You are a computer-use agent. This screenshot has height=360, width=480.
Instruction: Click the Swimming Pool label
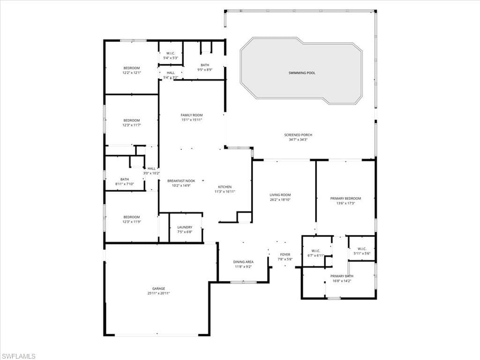point(301,73)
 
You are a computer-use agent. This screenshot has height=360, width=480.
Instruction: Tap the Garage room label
point(158,288)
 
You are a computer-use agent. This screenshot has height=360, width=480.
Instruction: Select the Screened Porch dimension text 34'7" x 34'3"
point(298,140)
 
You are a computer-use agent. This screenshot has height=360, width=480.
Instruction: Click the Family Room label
point(191,115)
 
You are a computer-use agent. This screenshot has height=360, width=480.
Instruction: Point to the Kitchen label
point(225,187)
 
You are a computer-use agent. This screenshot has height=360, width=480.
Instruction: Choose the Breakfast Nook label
point(181,180)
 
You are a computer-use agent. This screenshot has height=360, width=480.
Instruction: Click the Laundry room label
point(185,227)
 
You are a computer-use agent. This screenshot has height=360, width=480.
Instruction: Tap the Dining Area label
point(243,262)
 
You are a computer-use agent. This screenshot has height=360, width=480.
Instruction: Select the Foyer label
point(285,255)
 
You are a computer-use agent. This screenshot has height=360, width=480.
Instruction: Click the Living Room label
point(280,195)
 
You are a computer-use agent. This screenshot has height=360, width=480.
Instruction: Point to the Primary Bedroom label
point(345,198)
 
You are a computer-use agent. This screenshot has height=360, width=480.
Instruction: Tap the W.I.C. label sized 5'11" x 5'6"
point(361,249)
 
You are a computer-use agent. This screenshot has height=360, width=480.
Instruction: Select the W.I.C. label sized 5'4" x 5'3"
point(171,53)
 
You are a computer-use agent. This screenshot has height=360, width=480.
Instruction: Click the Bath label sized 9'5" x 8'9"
point(205,65)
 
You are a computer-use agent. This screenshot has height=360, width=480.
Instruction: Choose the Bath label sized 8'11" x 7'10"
point(125,179)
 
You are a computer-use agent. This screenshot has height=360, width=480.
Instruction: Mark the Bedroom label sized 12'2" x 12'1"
point(131,68)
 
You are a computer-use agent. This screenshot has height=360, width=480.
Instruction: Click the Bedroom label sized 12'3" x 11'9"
point(131,217)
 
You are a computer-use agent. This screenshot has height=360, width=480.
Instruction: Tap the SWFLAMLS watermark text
point(19,356)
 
